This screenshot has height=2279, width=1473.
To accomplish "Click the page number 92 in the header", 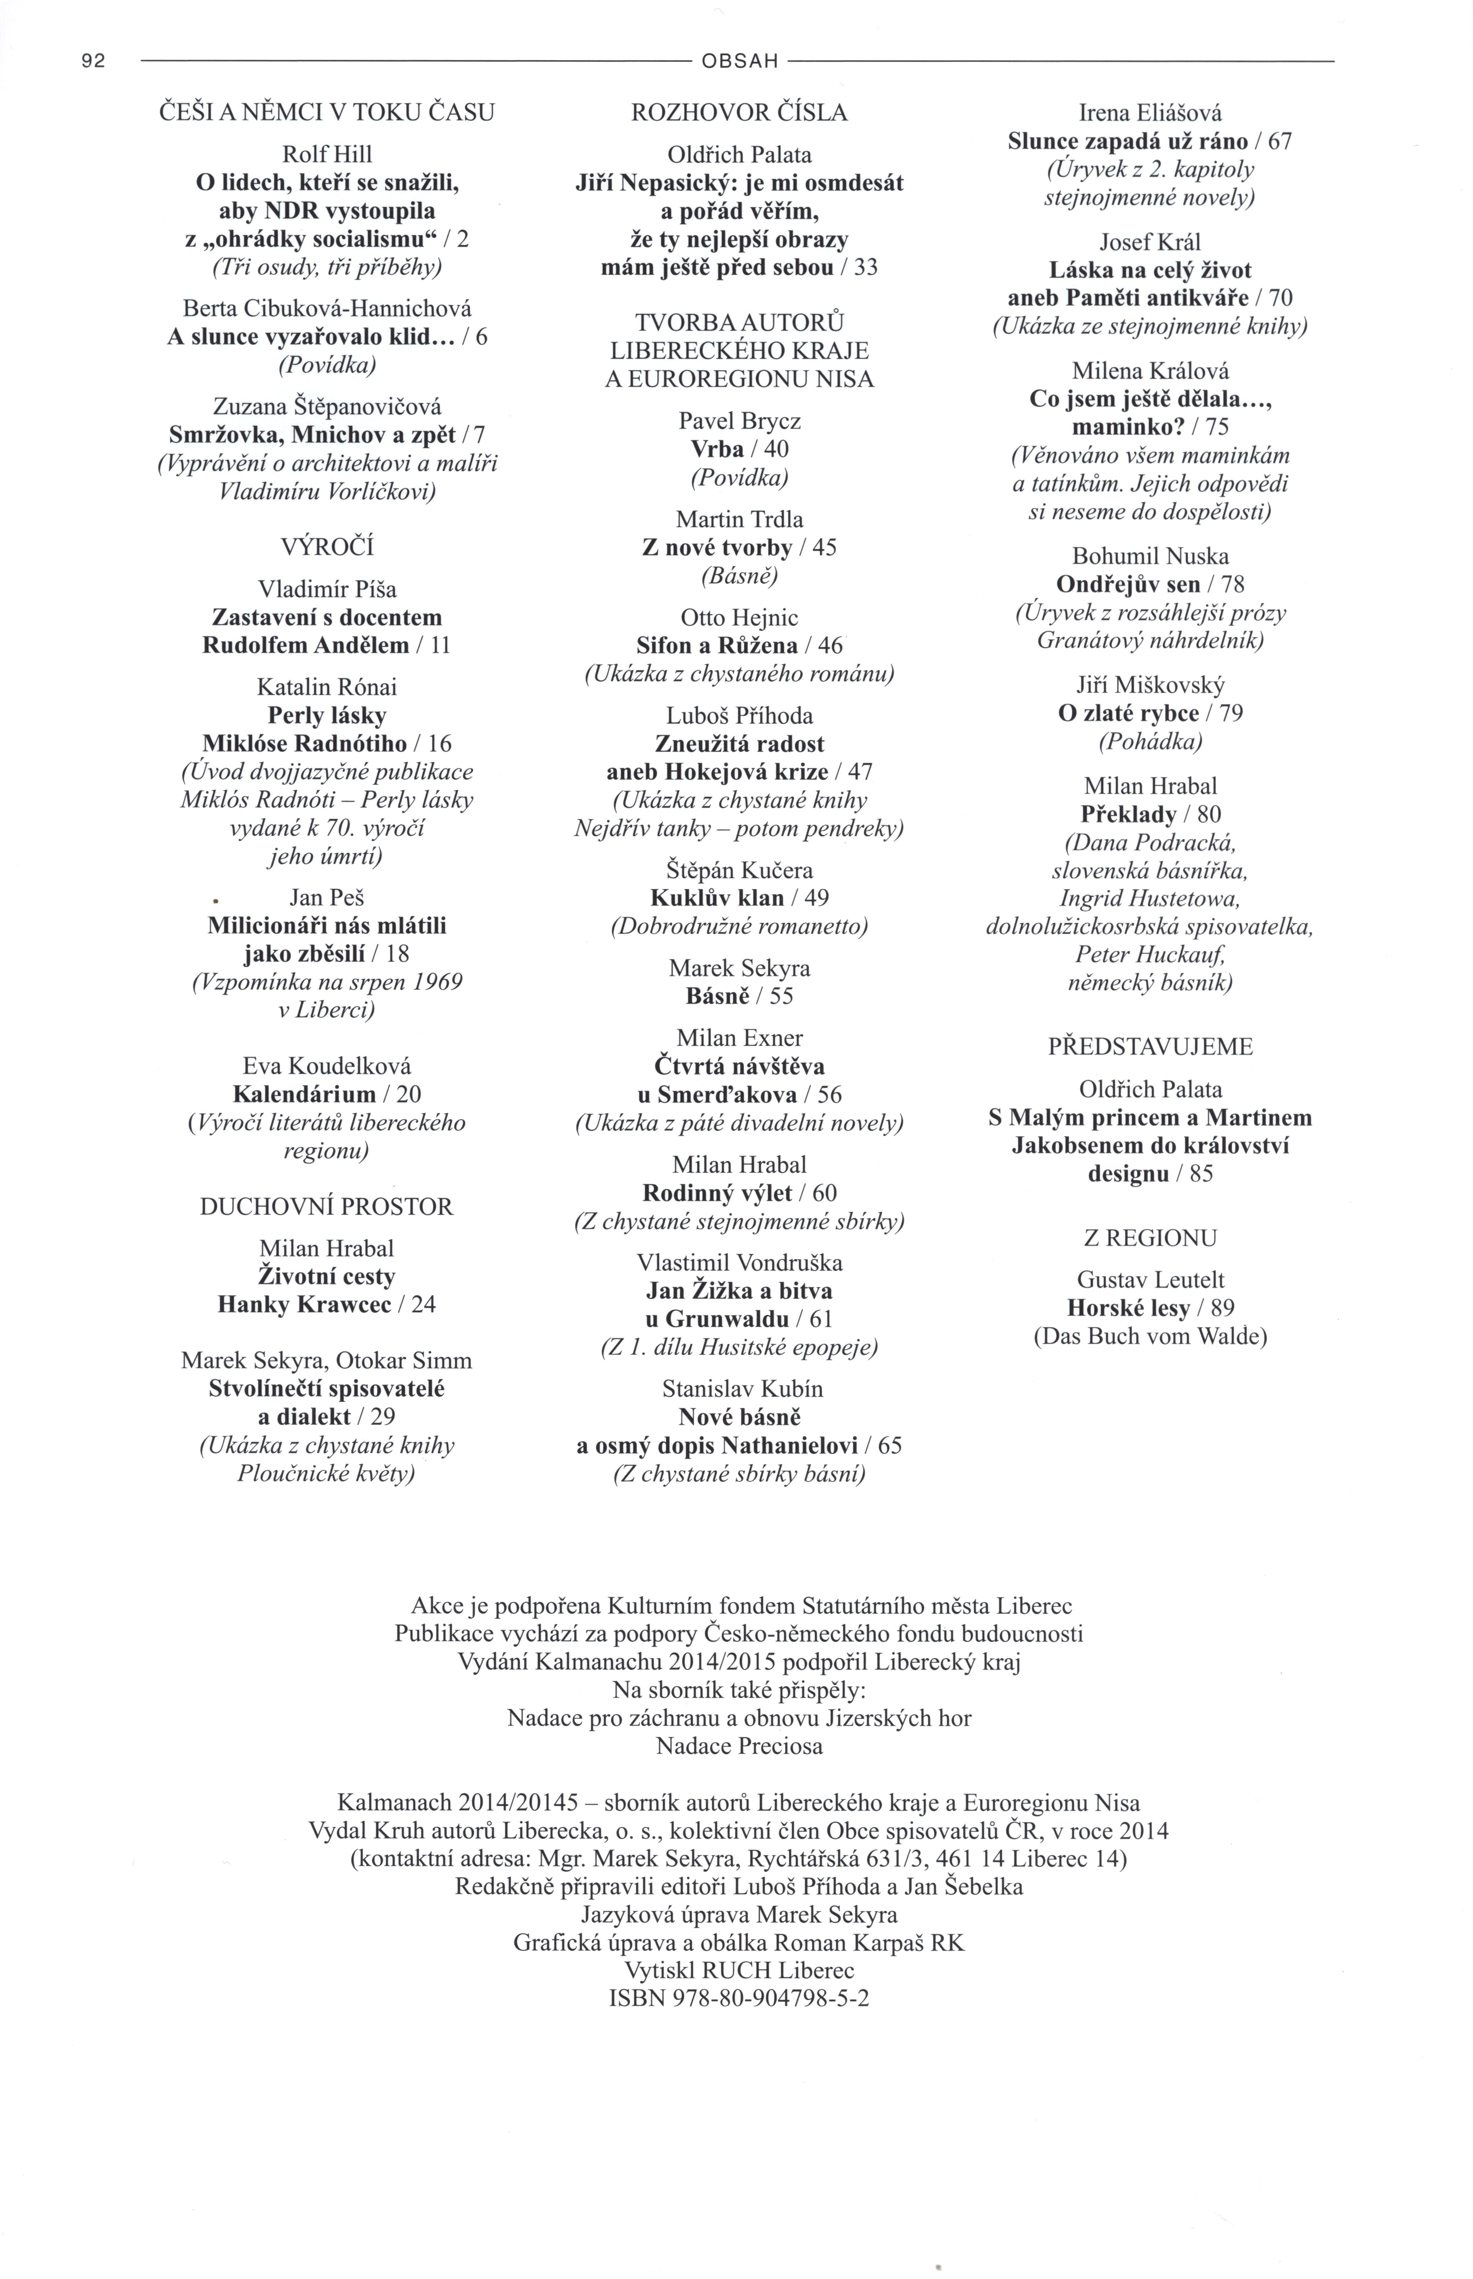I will point(93,61).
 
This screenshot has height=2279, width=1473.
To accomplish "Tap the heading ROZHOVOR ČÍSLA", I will point(740,113).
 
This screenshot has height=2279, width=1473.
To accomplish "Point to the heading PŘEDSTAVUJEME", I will point(1150,1046).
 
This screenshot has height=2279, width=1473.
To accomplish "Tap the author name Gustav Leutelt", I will point(1150,1280).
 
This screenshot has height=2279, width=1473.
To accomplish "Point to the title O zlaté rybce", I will point(1129,713).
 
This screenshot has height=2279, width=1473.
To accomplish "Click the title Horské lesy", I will point(1128,1308).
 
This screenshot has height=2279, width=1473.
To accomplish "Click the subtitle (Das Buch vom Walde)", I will point(1150,1336).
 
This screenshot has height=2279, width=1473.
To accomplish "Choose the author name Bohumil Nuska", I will point(1150,556).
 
